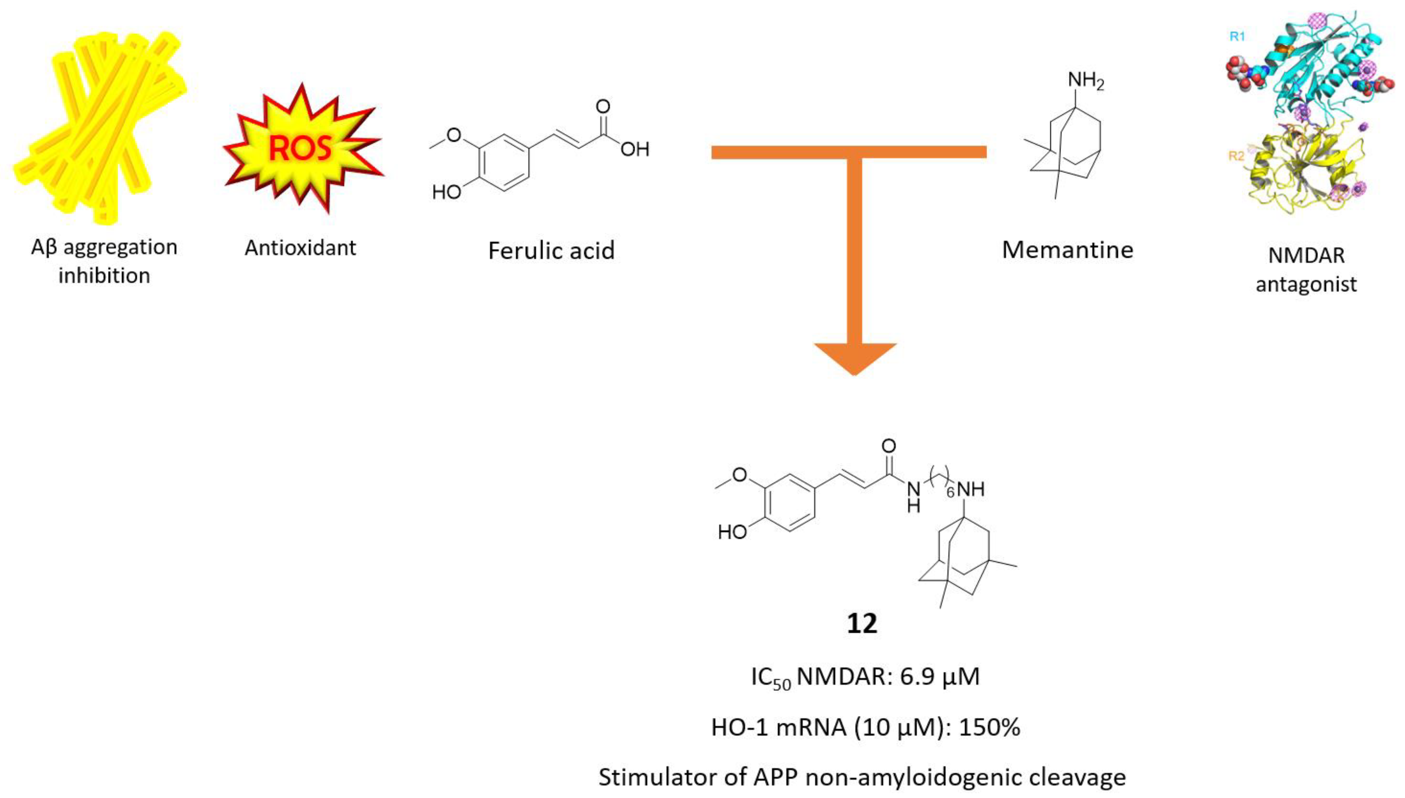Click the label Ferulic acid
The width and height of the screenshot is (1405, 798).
[551, 251]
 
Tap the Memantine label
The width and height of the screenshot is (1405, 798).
[1067, 250]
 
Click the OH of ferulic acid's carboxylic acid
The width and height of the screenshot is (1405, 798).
[635, 150]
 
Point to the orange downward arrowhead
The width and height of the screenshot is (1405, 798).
[855, 358]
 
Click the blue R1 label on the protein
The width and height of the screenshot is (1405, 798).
[1237, 37]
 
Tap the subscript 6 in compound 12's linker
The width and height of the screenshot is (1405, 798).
[950, 493]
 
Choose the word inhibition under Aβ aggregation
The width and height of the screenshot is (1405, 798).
[104, 276]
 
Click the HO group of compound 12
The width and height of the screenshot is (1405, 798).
[733, 531]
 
